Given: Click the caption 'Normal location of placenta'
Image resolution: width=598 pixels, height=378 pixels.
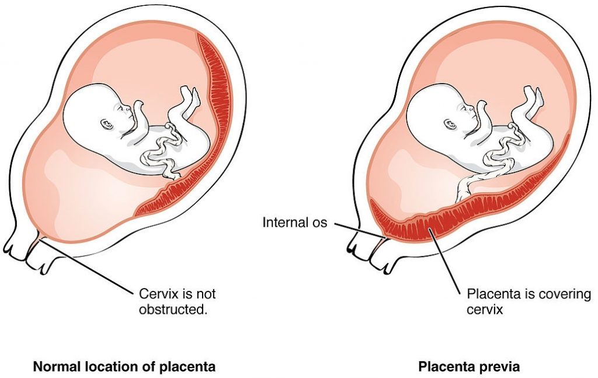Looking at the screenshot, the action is [124, 367].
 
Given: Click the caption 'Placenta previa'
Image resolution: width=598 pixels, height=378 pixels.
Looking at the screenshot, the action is [469, 367].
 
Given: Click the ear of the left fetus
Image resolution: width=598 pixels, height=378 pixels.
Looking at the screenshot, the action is [106, 124].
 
